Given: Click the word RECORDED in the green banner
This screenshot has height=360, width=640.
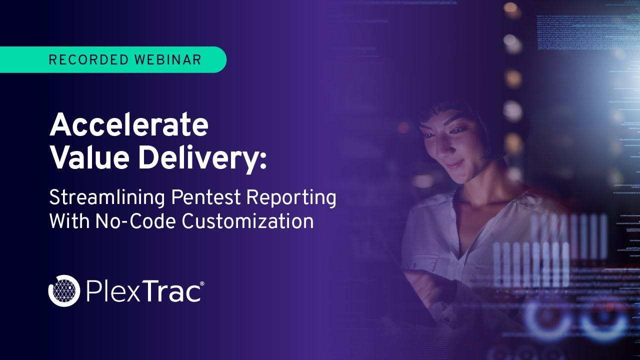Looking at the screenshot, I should (88, 60).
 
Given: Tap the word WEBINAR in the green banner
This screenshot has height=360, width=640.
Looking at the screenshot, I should (167, 60).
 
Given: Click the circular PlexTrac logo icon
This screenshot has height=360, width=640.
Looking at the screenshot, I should (64, 290).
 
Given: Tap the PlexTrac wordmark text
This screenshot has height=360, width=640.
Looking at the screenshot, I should (142, 291).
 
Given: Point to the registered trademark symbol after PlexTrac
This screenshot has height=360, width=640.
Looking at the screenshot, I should (202, 284).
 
